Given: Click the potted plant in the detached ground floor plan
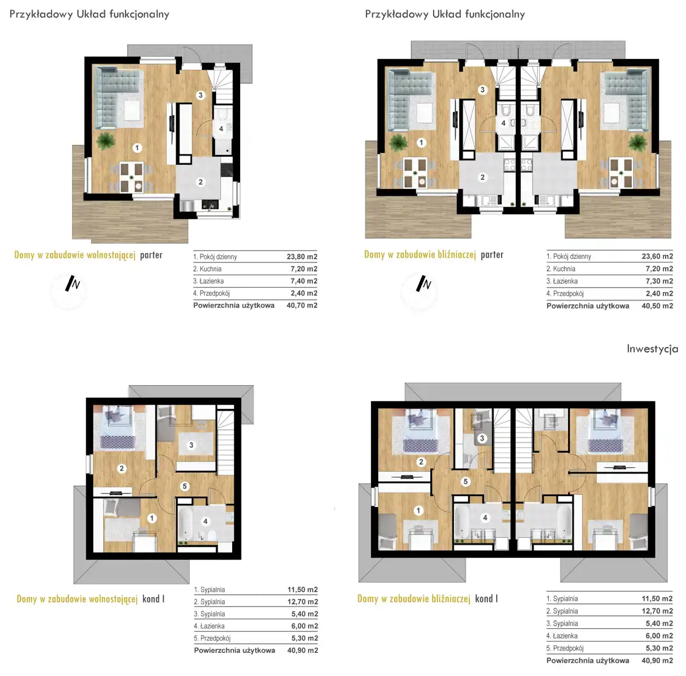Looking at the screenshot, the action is coord(106,141).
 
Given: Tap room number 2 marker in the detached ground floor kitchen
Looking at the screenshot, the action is coord(200,182).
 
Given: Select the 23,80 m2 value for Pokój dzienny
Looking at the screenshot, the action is coord(302,256).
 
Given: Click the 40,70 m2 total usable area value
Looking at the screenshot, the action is coord(302,305).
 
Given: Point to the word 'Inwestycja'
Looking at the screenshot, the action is coord(652,349).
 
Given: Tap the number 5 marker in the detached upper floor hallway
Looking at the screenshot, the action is coord(184,486).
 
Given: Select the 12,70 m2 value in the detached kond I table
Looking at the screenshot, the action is coord(303,602).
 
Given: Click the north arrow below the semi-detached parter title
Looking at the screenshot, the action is coord(423,283).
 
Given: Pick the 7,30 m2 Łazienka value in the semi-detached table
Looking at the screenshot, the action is coord(659,281).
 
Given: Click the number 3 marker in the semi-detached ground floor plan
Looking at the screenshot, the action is coord(482,90).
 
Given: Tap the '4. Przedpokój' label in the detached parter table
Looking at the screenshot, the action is coord(212,293).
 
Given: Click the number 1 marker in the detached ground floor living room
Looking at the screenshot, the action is coord(137,148).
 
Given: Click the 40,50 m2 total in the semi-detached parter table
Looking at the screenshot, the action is coord(657,306).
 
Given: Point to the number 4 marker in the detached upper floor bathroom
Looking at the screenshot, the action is coord(205,521).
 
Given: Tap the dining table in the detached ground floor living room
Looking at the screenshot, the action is coord(131,177).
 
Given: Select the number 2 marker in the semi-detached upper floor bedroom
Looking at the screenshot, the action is coord(421,462).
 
